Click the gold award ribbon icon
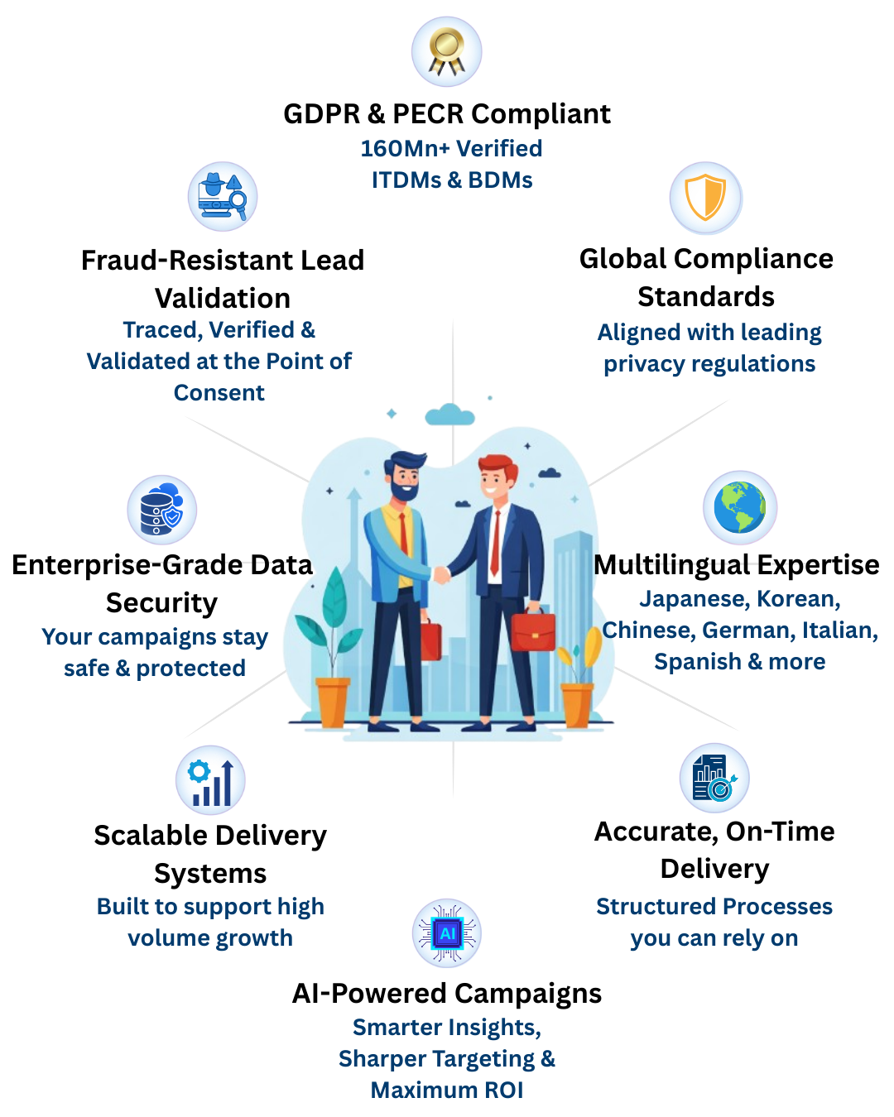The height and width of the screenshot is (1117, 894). click(x=447, y=51)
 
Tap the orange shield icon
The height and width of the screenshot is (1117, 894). click(x=706, y=199)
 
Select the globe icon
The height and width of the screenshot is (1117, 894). click(x=739, y=507)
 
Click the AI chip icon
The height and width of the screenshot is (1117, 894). click(x=447, y=933)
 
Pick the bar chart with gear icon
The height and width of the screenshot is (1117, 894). click(x=210, y=779)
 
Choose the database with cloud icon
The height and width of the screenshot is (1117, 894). click(x=162, y=510)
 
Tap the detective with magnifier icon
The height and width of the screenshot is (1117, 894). click(x=223, y=197)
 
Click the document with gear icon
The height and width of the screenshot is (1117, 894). click(x=714, y=778)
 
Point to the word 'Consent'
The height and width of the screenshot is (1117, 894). click(x=219, y=393)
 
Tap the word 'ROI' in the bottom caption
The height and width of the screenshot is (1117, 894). click(x=504, y=1091)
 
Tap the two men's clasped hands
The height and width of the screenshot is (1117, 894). click(x=440, y=573)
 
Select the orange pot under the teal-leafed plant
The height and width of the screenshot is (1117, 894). click(x=333, y=702)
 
